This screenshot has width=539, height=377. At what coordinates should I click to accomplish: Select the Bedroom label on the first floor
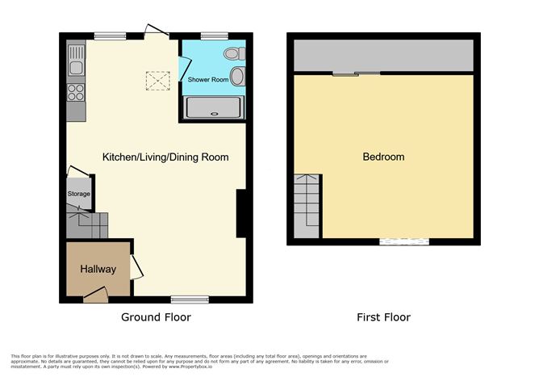tap(382, 157)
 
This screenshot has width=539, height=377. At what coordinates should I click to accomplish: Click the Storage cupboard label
tap(79, 194)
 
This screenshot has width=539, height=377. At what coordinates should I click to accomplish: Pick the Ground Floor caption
tap(156, 317)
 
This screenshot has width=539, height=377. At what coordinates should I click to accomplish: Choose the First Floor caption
tap(383, 317)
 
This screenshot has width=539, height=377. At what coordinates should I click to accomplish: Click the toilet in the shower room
tap(233, 54)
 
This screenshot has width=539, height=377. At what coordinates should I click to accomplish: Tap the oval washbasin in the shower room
tap(237, 77)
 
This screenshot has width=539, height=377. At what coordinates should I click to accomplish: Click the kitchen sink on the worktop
tap(77, 58)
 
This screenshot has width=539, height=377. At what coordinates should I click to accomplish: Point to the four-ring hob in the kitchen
tap(77, 90)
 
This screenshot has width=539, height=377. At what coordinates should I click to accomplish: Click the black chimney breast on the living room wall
tap(240, 214)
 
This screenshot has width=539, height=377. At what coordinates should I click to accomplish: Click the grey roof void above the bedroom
tap(383, 54)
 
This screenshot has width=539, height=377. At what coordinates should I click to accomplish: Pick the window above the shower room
tap(213, 35)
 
